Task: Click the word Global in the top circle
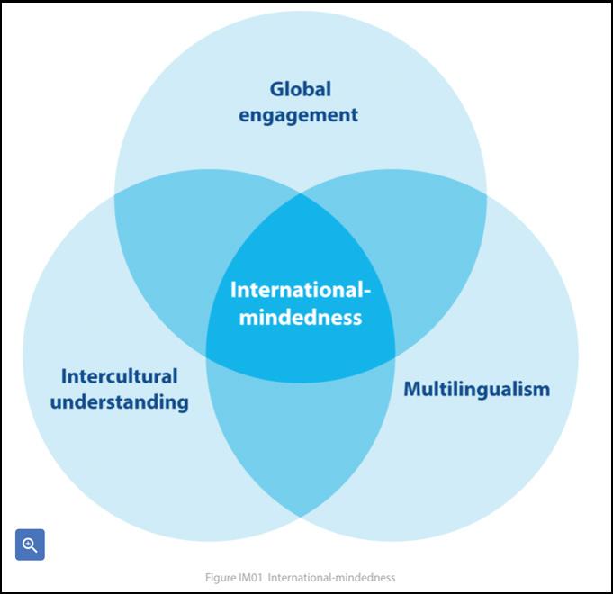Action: point(301,89)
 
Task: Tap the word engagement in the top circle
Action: point(301,115)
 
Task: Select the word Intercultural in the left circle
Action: point(119,375)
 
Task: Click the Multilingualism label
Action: point(476,389)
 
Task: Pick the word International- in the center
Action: point(301,290)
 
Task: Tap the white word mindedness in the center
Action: point(301,317)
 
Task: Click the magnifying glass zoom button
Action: point(30,544)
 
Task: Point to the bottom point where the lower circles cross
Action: point(301,516)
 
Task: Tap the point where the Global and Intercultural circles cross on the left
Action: point(115,195)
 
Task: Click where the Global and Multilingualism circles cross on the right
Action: point(486,195)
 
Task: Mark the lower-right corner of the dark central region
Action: point(394,355)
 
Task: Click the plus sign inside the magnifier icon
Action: point(28,543)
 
